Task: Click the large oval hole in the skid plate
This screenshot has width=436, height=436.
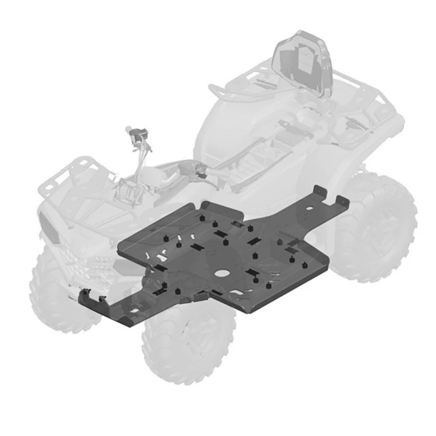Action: point(223,274)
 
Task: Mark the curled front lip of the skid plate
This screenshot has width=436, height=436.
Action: point(98,300)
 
